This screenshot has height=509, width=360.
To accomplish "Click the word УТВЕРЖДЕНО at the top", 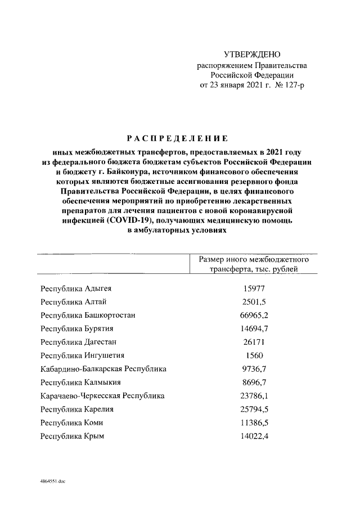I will tap(251, 55).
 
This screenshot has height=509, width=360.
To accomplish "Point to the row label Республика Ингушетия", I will tap(82, 355).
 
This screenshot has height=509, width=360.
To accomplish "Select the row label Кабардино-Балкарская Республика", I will tap(103, 369).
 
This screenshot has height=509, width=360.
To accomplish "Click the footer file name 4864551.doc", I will tap(53, 481).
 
